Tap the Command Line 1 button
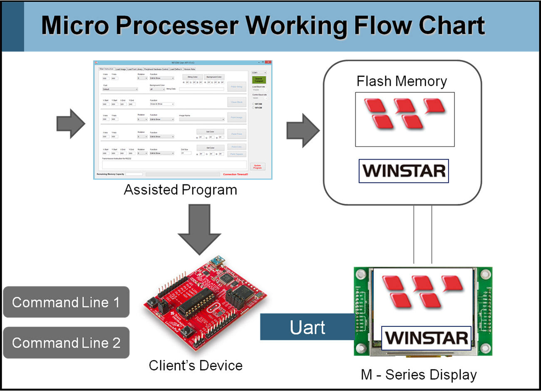pyautogui.click(x=66, y=302)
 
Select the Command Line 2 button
pyautogui.click(x=66, y=343)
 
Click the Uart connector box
pyautogui.click(x=307, y=327)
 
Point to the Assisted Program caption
pyautogui.click(x=180, y=190)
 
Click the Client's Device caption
pyautogui.click(x=196, y=366)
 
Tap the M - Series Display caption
pyautogui.click(x=419, y=375)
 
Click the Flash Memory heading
pyautogui.click(x=402, y=81)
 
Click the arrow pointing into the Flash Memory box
pyautogui.click(x=303, y=130)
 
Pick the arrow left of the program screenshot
pyautogui.click(x=71, y=124)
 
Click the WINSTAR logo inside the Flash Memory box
pyautogui.click(x=404, y=171)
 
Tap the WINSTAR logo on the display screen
pyautogui.click(x=427, y=338)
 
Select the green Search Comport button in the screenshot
pyautogui.click(x=259, y=80)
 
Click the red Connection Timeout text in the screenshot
pyautogui.click(x=236, y=174)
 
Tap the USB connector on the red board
pyautogui.click(x=216, y=262)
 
